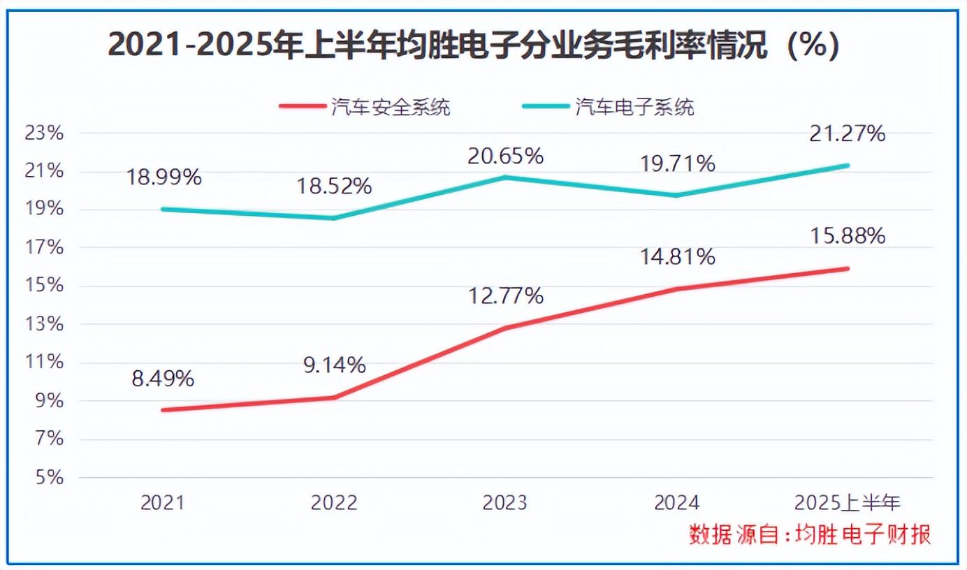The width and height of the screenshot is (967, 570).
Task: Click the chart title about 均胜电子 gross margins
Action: [474, 46]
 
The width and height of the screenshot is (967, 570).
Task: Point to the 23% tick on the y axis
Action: [44, 133]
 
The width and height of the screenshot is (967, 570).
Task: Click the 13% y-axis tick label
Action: [44, 325]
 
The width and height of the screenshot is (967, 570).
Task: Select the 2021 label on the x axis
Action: [162, 503]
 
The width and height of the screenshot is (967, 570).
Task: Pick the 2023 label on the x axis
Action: [505, 503]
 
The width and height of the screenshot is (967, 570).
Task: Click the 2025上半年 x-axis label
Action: [848, 503]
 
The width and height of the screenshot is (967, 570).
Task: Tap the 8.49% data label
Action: [162, 379]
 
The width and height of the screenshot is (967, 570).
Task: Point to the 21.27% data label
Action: [848, 133]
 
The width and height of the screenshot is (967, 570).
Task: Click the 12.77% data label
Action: [505, 296]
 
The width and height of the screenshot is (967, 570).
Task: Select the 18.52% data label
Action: [334, 187]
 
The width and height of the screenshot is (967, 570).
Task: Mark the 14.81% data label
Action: [677, 257]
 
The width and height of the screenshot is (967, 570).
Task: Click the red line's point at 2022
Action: [334, 397]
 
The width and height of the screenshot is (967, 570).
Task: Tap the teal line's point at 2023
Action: [505, 177]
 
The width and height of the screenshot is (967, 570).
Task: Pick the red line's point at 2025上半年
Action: [848, 268]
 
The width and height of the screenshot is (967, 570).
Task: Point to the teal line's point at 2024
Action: [676, 195]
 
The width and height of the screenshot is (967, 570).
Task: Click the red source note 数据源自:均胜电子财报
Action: [810, 535]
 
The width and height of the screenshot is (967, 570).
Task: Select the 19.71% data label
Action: [677, 163]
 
